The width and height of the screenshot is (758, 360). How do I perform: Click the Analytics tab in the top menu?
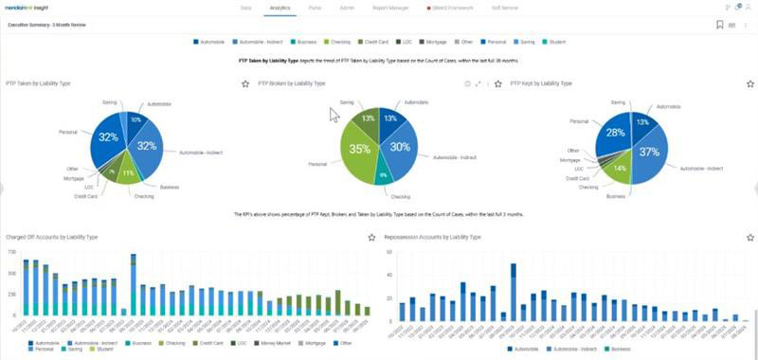tap(280, 7)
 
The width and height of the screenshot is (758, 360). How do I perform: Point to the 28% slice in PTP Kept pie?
tap(616, 134)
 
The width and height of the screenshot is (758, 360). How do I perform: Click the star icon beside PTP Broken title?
tap(245, 84)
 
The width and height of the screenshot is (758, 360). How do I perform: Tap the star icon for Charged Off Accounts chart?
tap(371, 237)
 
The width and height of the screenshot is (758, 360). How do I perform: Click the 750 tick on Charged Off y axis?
tap(11, 252)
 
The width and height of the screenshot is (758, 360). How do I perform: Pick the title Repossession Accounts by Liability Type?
tap(433, 237)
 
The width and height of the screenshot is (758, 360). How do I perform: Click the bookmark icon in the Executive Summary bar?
tap(720, 25)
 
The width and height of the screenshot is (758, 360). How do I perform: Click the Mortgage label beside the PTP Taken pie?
tap(72, 178)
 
